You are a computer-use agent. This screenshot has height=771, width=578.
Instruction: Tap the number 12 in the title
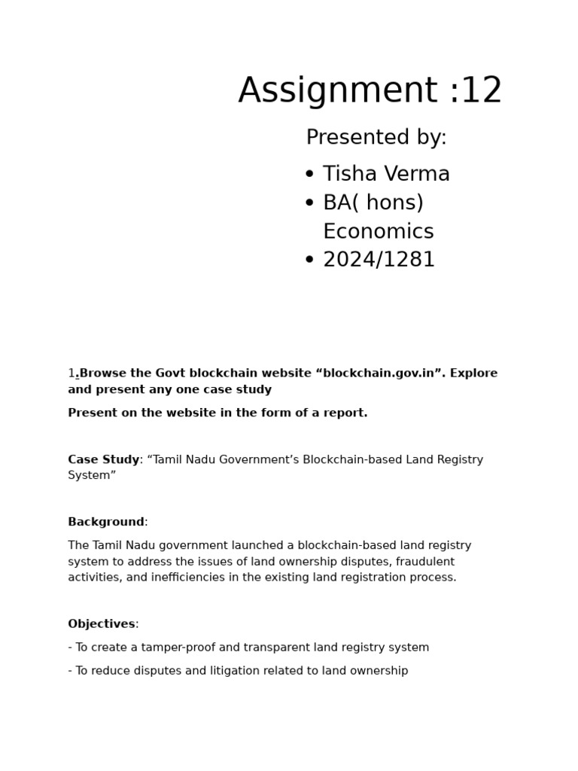tap(481, 91)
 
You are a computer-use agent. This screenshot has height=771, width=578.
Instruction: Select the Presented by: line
tap(376, 138)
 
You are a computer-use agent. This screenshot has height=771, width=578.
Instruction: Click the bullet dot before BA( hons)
tap(309, 203)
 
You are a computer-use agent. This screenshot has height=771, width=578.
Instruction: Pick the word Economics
tap(378, 231)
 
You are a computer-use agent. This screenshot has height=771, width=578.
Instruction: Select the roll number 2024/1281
tap(379, 260)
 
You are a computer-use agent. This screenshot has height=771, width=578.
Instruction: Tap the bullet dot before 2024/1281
tap(309, 261)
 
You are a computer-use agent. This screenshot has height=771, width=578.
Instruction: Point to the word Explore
tap(473, 373)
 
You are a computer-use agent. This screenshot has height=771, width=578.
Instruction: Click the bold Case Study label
tap(103, 460)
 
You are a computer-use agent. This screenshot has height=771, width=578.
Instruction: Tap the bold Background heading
tap(105, 523)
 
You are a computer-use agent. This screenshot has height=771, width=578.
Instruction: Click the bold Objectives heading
tap(101, 624)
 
